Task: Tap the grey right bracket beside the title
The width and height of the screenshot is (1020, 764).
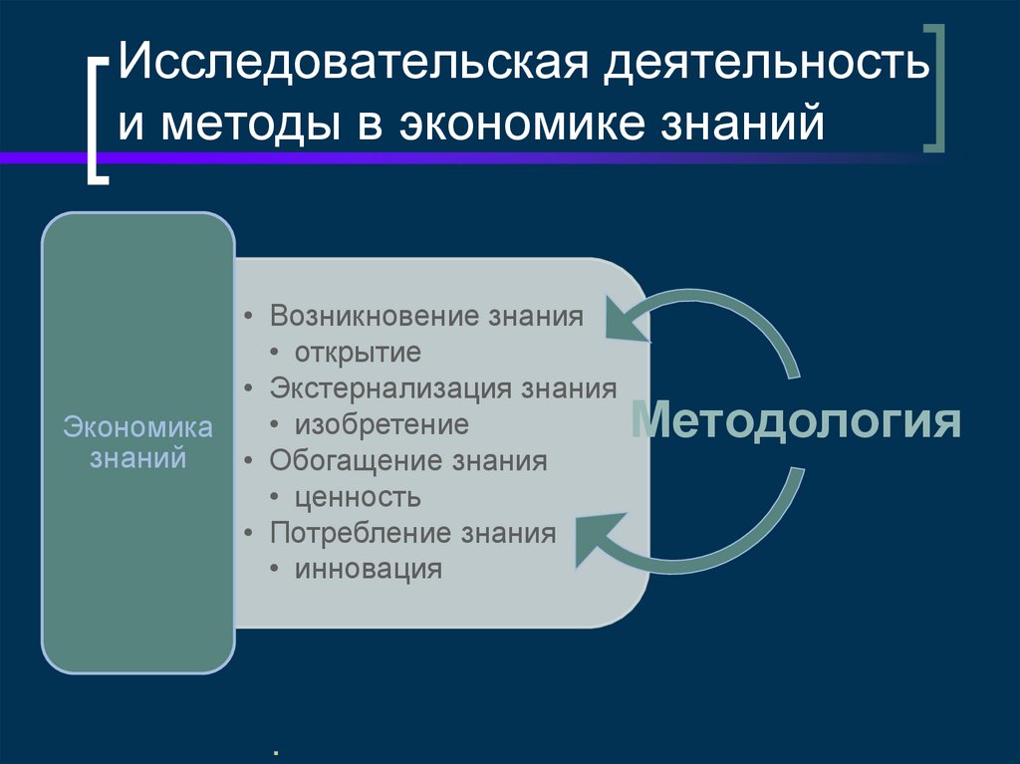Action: coord(934,90)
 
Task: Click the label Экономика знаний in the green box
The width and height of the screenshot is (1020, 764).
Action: coord(138,443)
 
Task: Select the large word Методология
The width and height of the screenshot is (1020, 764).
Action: coord(797,422)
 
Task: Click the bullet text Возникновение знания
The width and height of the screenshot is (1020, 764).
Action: coord(425,317)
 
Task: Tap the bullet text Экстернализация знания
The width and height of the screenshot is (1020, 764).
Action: coord(442,388)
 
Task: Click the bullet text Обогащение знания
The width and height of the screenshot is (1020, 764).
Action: coord(408,461)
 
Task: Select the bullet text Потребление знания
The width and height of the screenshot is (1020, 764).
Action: coord(412,533)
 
